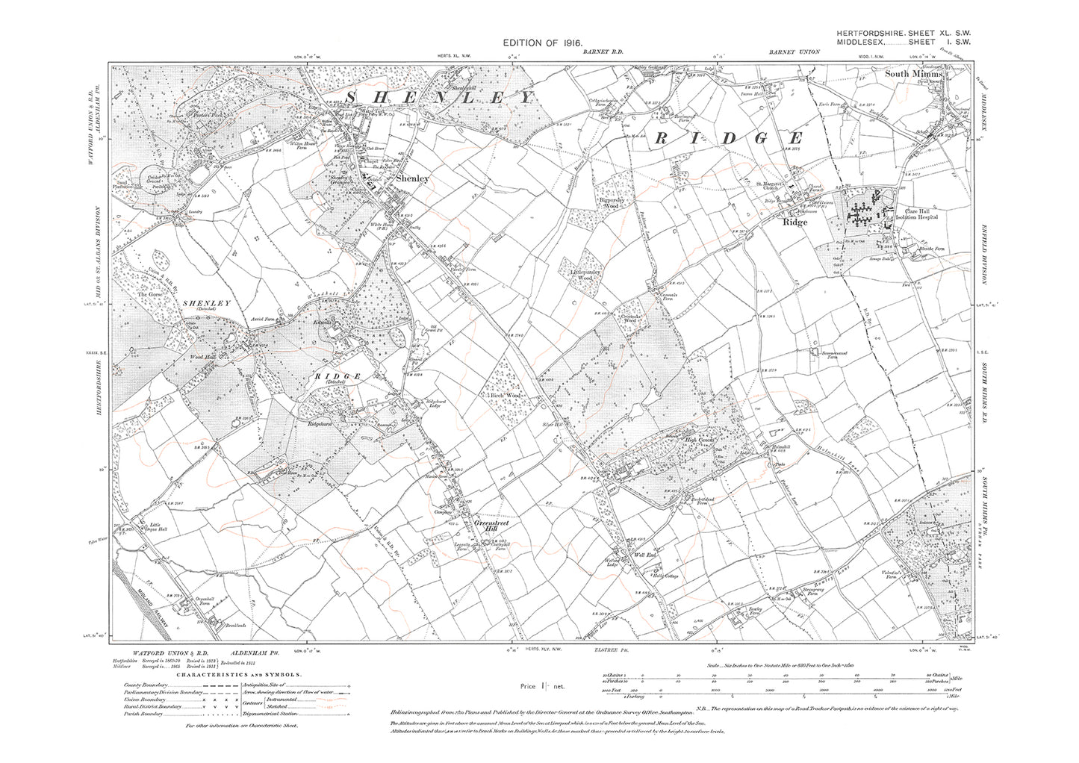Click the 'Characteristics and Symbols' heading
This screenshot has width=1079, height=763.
[222, 674]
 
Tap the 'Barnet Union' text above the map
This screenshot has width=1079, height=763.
[794, 52]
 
